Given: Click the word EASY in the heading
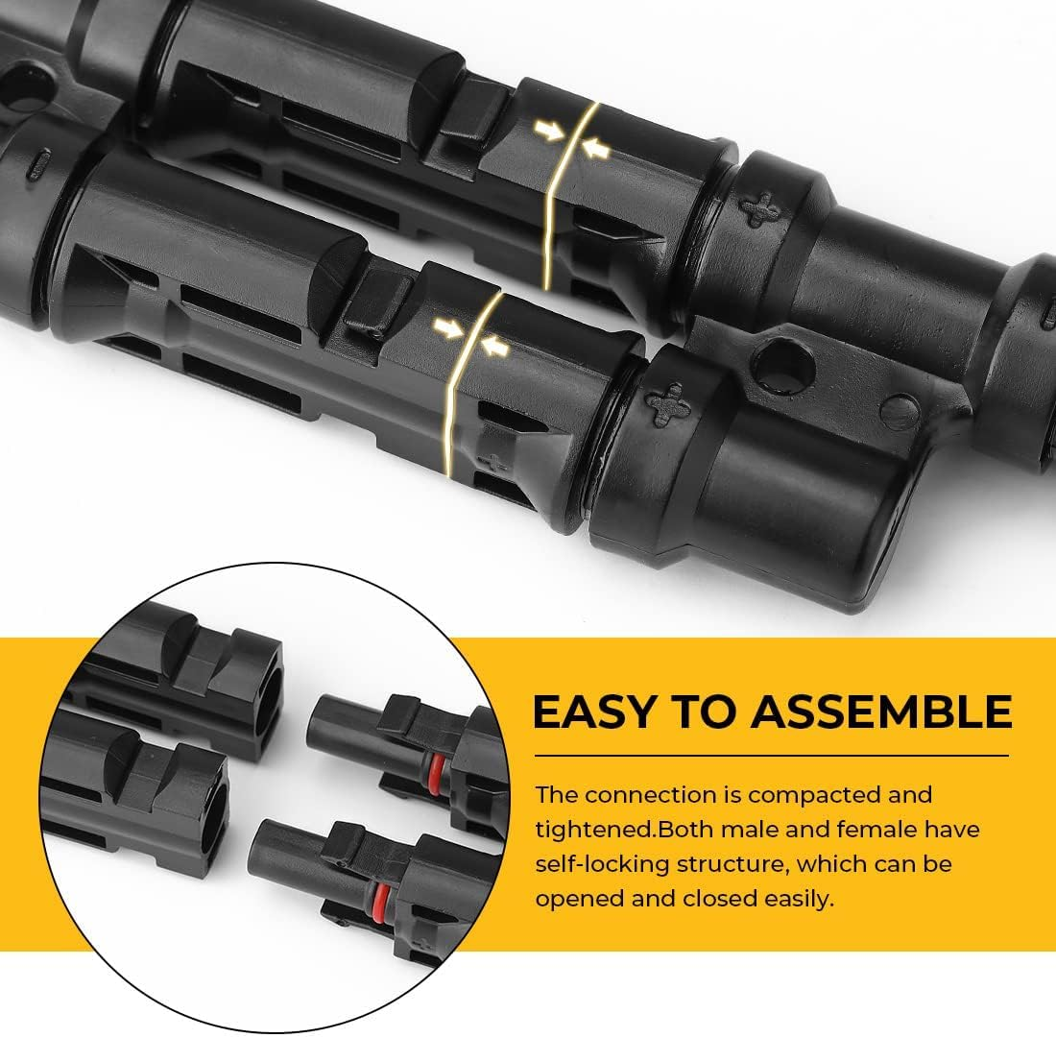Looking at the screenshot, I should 589,712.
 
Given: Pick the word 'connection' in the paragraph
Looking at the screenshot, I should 651,795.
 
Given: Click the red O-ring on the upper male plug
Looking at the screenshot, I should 436,764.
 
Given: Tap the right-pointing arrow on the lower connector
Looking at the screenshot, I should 445,329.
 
